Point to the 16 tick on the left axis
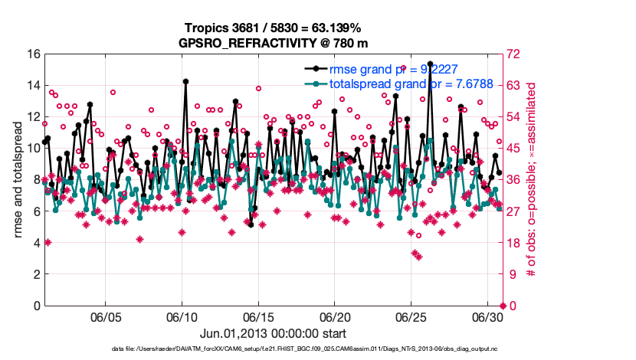[32, 54]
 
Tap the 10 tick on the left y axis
[32, 149]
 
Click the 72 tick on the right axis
[513, 54]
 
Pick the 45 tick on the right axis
[513, 149]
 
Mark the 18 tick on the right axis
[513, 243]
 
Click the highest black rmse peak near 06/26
[431, 64]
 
